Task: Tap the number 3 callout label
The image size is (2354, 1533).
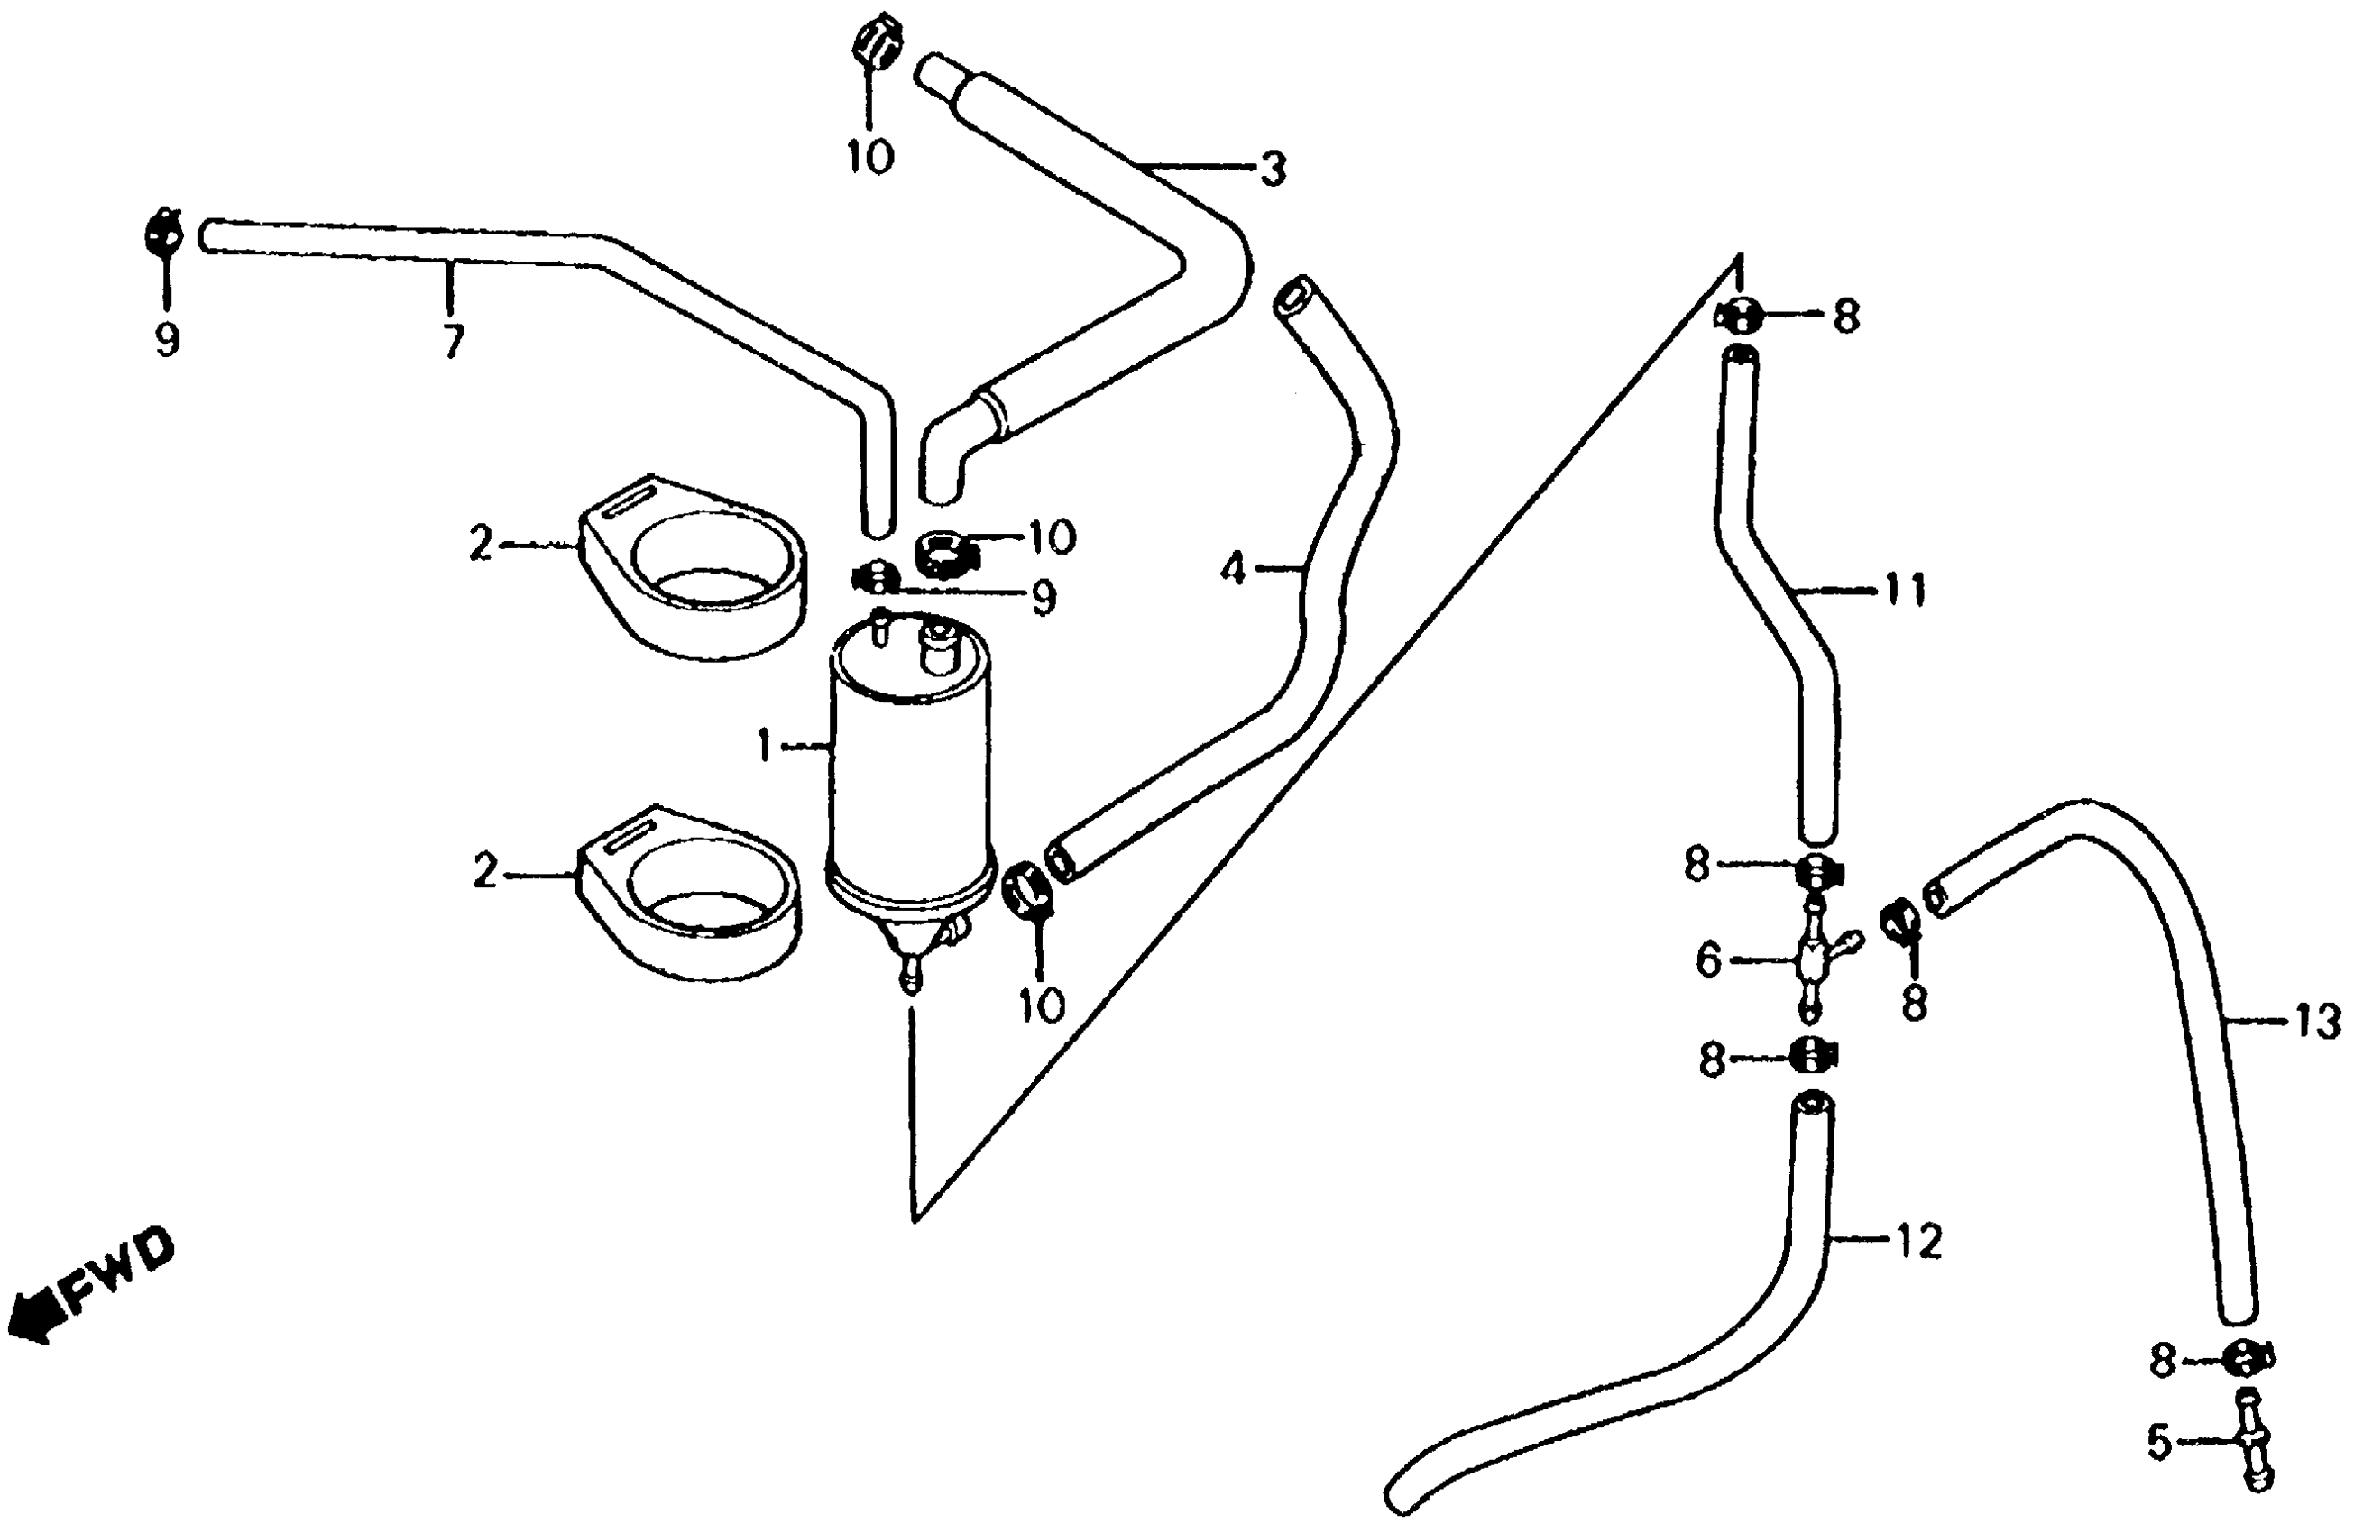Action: coord(1273,170)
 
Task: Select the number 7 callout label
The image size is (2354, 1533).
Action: coord(452,342)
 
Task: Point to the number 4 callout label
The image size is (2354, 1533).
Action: coord(1231,570)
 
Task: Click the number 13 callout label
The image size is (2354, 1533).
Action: coord(2317,1022)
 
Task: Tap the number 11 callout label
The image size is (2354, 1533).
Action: coord(1904,591)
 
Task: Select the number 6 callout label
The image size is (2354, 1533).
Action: coord(1708,960)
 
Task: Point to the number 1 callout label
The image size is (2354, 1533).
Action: coord(765,748)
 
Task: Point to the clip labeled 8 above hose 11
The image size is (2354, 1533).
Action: coord(1743,316)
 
